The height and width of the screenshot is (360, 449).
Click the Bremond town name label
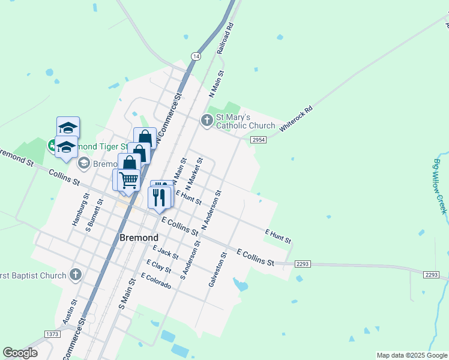coord(139,237)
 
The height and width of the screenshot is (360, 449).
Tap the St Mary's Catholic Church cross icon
coord(206,121)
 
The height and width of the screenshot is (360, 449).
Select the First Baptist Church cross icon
coord(75,275)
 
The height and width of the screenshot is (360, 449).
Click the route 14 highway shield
coord(196,56)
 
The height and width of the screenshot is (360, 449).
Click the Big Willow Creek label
coord(441,185)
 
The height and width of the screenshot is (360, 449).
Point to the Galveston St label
coord(217,269)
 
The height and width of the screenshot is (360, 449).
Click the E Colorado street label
coord(156,281)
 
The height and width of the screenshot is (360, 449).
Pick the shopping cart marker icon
coord(128,179)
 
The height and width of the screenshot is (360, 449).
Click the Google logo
coord(20,353)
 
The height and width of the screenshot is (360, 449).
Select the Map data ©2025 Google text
coord(412,355)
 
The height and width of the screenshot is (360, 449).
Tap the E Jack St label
coord(165,253)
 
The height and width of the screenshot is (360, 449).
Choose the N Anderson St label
coord(212,211)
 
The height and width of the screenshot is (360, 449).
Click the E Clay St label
coord(159,266)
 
